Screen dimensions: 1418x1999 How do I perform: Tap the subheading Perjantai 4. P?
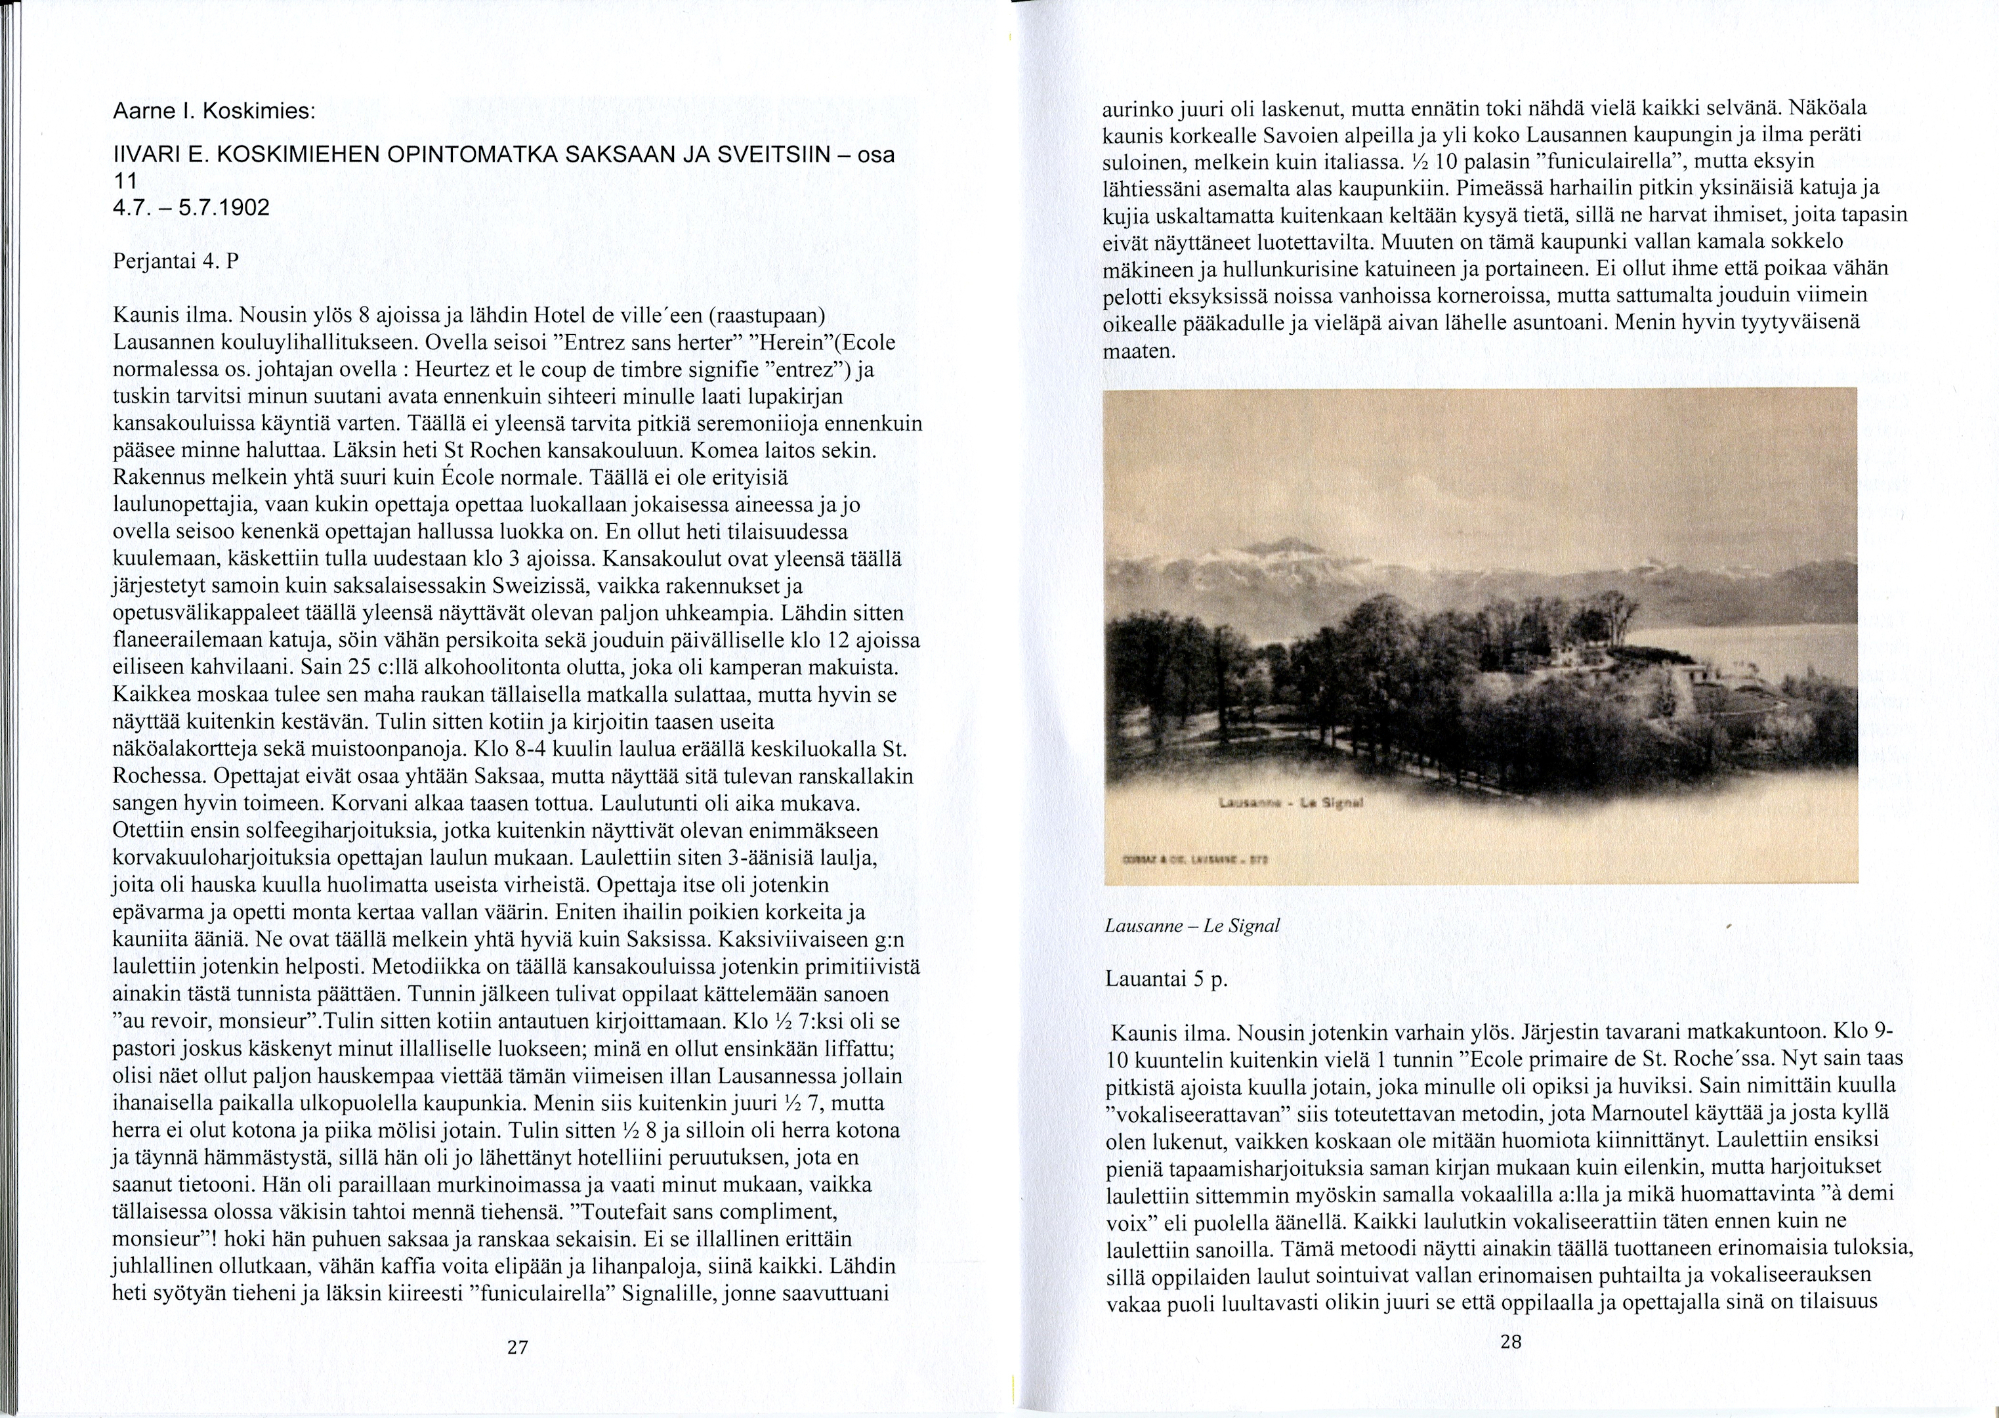pos(175,261)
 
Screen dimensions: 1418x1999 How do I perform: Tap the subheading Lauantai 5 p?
pos(1166,978)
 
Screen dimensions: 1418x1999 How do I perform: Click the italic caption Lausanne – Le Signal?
pos(1192,926)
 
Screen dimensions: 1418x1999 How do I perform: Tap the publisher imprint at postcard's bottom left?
pos(1198,858)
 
